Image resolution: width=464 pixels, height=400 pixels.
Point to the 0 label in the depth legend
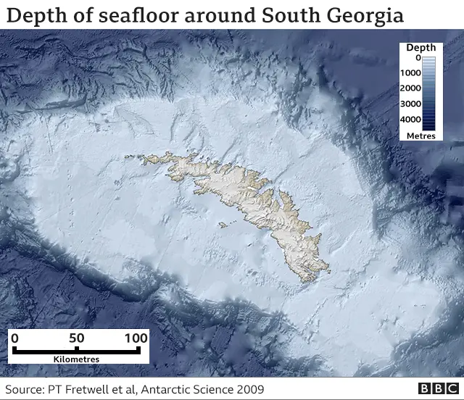(416, 58)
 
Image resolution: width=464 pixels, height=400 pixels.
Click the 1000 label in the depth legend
(411, 73)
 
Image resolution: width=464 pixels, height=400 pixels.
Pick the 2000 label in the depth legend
(411, 88)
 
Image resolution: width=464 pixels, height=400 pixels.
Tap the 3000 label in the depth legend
(411, 104)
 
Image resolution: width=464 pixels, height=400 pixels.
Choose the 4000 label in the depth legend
(411, 119)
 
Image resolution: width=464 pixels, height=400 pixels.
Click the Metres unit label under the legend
(420, 136)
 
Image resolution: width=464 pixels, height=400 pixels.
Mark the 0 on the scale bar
(15, 338)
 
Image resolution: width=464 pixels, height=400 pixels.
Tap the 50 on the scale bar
(77, 338)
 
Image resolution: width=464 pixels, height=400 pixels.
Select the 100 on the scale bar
(136, 338)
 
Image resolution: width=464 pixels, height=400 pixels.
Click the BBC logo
(436, 389)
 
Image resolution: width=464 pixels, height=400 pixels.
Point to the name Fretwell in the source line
(91, 390)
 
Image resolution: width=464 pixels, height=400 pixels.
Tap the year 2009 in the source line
(249, 390)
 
